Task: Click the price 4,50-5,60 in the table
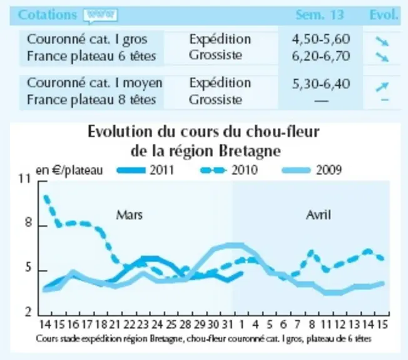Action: (x=320, y=39)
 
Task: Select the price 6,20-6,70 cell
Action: (x=320, y=56)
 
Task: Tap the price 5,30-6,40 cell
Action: (x=320, y=84)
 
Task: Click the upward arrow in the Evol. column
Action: (x=382, y=87)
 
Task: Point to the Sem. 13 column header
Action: (x=320, y=15)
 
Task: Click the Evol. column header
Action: (x=384, y=15)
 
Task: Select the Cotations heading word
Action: (x=48, y=15)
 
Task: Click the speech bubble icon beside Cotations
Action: (x=100, y=16)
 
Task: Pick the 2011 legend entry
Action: (x=145, y=170)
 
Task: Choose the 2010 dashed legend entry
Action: (x=229, y=170)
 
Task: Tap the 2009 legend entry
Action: (x=312, y=170)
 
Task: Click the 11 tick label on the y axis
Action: (x=25, y=179)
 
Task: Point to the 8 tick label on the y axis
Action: (x=28, y=223)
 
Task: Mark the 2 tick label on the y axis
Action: (x=28, y=312)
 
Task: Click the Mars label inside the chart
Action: (x=130, y=215)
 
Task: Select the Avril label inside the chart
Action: (x=319, y=215)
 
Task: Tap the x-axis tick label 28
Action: (x=185, y=324)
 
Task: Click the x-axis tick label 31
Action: (x=227, y=324)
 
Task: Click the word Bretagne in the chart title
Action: (x=250, y=151)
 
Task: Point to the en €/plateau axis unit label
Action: (x=69, y=171)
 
